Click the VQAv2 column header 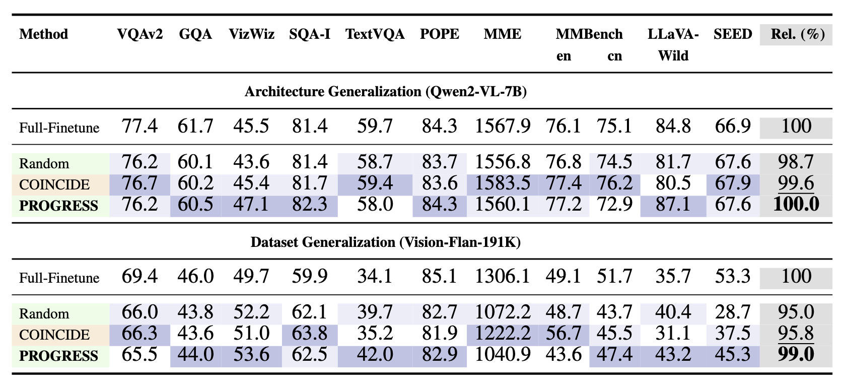(x=139, y=34)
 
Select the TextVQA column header (x=375, y=34)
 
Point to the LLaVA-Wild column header (x=673, y=45)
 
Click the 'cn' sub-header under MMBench (x=614, y=56)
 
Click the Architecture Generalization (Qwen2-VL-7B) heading (x=385, y=92)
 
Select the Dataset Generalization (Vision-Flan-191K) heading (x=385, y=242)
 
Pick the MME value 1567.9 (x=503, y=126)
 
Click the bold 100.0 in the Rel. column (x=796, y=205)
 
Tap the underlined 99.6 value (x=796, y=183)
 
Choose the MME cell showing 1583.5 (x=503, y=183)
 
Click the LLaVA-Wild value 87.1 (x=673, y=205)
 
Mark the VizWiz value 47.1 (x=251, y=205)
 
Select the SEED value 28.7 (x=732, y=312)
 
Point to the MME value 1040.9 (x=503, y=355)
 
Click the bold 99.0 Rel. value (x=796, y=355)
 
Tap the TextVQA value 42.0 (x=375, y=355)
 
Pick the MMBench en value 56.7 (x=563, y=334)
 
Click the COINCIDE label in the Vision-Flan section (x=54, y=335)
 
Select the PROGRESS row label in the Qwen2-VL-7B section (x=58, y=206)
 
